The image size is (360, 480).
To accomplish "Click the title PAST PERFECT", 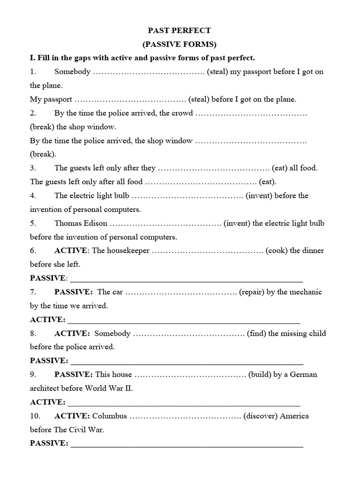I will click(x=180, y=30).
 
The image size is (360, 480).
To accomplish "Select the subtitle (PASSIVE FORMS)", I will click(x=180, y=45).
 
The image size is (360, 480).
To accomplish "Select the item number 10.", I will click(x=35, y=416).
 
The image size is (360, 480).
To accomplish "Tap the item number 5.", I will click(x=33, y=223).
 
